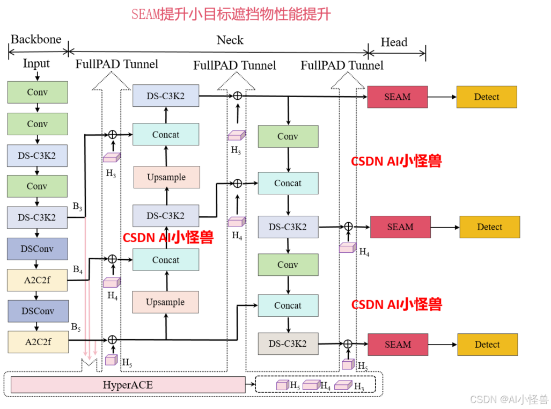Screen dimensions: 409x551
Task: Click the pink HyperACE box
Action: pos(128,385)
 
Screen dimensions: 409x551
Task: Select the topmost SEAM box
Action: pos(397,97)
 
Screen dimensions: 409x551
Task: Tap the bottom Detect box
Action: pos(487,345)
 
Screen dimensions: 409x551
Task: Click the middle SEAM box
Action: pos(400,227)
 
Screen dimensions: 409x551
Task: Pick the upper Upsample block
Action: pos(166,177)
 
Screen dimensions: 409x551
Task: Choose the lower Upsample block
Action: pos(165,302)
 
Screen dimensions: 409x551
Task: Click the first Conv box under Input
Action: pos(38,92)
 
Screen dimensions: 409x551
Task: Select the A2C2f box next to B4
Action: pos(38,280)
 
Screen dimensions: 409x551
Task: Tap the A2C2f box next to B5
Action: pos(38,342)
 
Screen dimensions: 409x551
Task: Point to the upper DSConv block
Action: pos(38,249)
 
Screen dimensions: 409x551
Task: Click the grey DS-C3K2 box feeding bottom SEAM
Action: pos(288,344)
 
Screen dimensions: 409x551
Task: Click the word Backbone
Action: pos(36,40)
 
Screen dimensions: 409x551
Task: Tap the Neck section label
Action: pos(230,40)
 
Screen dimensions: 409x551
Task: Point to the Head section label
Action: pos(394,42)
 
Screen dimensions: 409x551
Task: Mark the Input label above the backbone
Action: pos(36,64)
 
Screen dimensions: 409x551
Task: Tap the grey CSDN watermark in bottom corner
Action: pos(509,399)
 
